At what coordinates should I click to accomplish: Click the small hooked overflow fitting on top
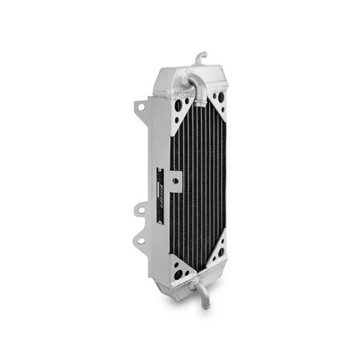pos(199,57)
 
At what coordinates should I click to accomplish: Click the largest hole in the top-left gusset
pos(177,106)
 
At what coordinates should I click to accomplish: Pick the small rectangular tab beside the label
pos(176,181)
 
